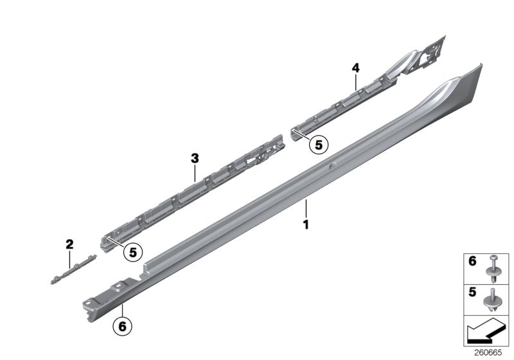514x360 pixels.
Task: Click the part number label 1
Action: pos(306,226)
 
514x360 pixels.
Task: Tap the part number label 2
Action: pos(69,244)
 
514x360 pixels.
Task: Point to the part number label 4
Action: pos(355,67)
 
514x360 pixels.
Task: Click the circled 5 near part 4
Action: pos(317,145)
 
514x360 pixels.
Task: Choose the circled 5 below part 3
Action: pos(134,253)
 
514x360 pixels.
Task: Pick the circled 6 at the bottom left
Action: pos(123,326)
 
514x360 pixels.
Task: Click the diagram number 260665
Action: pos(490,352)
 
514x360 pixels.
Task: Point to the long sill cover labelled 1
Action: pos(289,186)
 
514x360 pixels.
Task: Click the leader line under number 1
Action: pos(306,209)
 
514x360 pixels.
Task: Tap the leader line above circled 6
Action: pos(123,310)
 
